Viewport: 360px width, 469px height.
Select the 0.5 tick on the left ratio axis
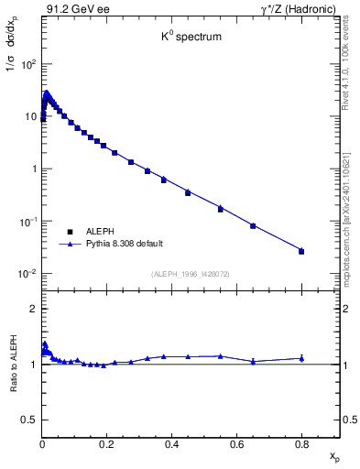click(29, 420)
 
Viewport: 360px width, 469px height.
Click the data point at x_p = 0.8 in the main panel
click(301, 250)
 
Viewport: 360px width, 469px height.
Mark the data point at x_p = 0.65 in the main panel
click(253, 225)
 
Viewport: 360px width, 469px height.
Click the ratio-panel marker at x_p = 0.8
click(301, 358)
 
